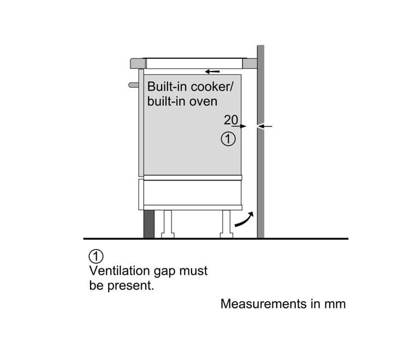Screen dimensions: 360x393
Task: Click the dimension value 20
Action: pos(230,119)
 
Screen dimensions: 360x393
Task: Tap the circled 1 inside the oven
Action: pos(228,139)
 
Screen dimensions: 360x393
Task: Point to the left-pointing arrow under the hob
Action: pos(213,71)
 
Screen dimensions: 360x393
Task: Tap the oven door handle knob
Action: pos(133,85)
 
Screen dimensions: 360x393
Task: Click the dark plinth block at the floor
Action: pos(149,224)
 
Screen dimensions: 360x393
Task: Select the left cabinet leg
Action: pos(167,224)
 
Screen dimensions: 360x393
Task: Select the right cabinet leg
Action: pos(227,224)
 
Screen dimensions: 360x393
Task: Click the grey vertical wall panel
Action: pos(260,164)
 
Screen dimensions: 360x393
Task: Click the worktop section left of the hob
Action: pos(137,64)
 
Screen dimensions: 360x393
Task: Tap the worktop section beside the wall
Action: pos(251,64)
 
